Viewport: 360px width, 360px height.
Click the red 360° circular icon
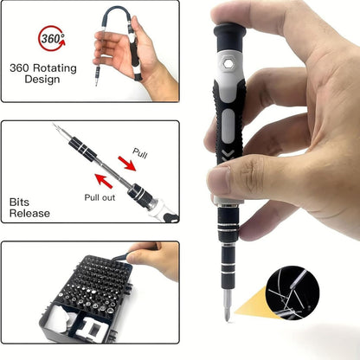[x=50, y=39]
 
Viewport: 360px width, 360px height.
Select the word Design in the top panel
[x=35, y=80]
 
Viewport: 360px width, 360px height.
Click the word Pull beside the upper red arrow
[x=140, y=152]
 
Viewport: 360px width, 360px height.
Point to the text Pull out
[x=99, y=197]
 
